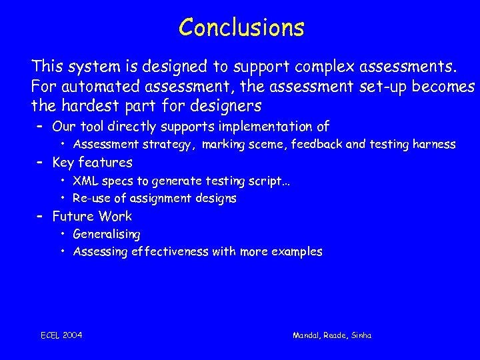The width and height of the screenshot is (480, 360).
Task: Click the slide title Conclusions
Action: point(241,27)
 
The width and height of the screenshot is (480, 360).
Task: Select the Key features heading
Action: point(92,163)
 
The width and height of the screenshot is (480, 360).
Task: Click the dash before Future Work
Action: point(39,216)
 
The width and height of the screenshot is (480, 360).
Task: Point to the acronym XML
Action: point(84,181)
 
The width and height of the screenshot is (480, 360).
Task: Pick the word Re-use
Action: point(90,199)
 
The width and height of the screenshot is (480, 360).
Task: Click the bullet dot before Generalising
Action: point(62,235)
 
